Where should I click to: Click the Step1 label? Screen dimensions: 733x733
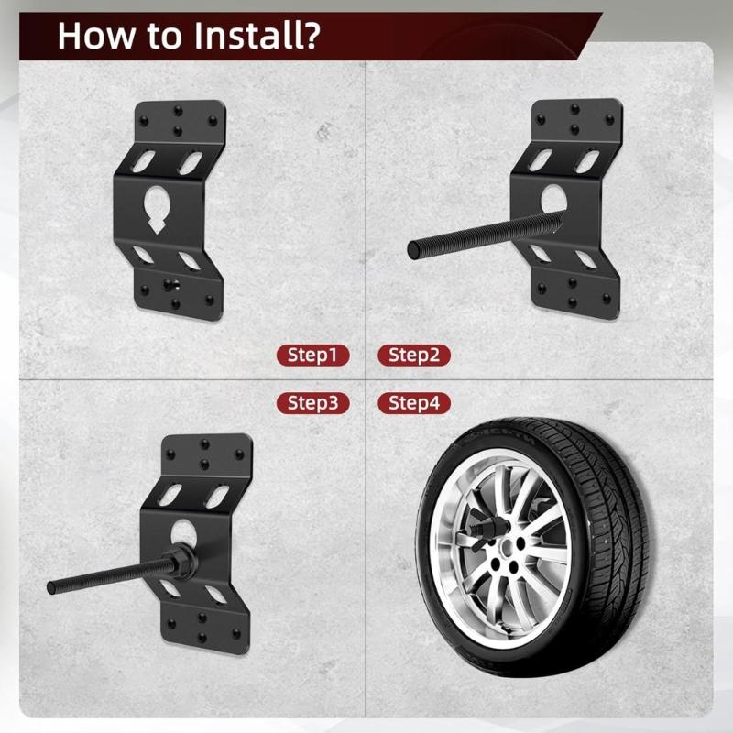pyautogui.click(x=312, y=356)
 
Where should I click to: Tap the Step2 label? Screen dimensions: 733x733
pyautogui.click(x=414, y=356)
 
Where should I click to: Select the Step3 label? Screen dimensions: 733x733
pyautogui.click(x=312, y=402)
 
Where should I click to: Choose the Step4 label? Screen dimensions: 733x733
pyautogui.click(x=414, y=402)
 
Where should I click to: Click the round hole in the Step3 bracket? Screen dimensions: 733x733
pyautogui.click(x=185, y=532)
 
